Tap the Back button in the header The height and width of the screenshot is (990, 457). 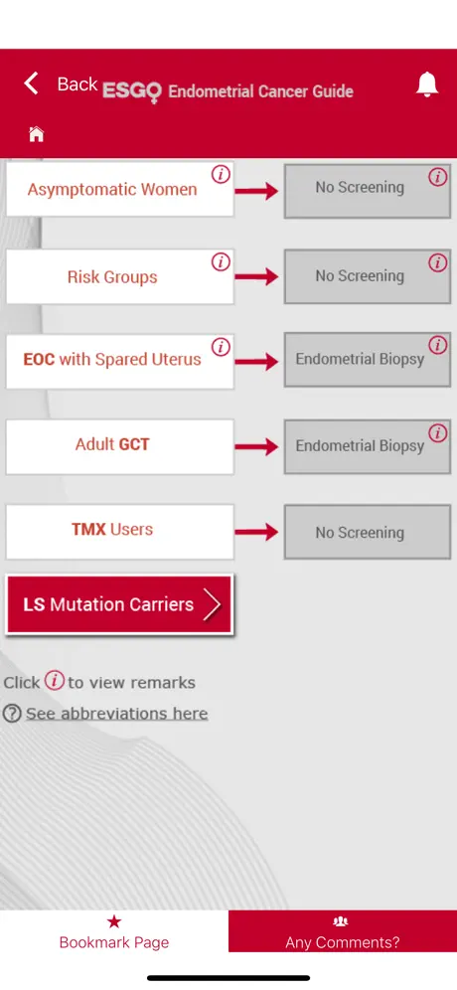[x=60, y=83]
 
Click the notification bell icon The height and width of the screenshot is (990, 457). [x=427, y=83]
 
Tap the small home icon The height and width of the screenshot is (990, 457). [x=37, y=134]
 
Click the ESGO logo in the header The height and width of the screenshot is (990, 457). [x=132, y=91]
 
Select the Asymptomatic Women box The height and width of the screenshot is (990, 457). [x=120, y=190]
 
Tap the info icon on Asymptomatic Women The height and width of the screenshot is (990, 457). [x=221, y=174]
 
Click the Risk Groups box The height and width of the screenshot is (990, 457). [x=120, y=276]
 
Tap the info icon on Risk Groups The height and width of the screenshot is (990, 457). [x=221, y=261]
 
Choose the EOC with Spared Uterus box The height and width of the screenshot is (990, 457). [x=120, y=361]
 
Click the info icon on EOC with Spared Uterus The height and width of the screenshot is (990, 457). [x=221, y=347]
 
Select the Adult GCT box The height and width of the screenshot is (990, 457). [x=120, y=446]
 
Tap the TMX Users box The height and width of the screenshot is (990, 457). [x=120, y=531]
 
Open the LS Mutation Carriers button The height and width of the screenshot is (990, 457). [x=119, y=604]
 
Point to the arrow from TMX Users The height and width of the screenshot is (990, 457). [x=256, y=532]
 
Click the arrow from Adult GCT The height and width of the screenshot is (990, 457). [x=256, y=447]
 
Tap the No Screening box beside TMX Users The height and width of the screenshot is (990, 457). [x=368, y=532]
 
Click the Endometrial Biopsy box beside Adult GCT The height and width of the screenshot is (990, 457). [x=368, y=446]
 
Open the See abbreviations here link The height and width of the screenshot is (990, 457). [x=117, y=714]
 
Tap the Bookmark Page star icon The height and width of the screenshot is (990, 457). [x=114, y=921]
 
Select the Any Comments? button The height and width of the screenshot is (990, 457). [x=343, y=931]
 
